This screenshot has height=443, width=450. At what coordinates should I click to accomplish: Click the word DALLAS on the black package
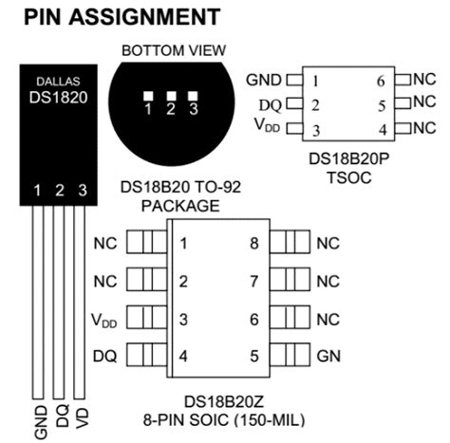coord(59,82)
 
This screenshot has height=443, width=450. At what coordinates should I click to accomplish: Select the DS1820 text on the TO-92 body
coord(59,98)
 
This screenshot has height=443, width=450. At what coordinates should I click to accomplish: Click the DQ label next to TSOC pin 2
coord(270,104)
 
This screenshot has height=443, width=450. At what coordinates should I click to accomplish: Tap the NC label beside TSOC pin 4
coord(423,127)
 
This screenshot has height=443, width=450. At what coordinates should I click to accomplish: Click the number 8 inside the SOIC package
coord(253,243)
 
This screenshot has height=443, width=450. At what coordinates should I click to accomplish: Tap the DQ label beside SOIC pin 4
coord(105,357)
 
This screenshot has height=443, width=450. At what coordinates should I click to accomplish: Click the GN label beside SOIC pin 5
coord(328,357)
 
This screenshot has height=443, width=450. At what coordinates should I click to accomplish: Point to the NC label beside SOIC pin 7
coord(328,281)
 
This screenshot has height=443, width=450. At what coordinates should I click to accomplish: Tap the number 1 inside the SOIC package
coord(182,243)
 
